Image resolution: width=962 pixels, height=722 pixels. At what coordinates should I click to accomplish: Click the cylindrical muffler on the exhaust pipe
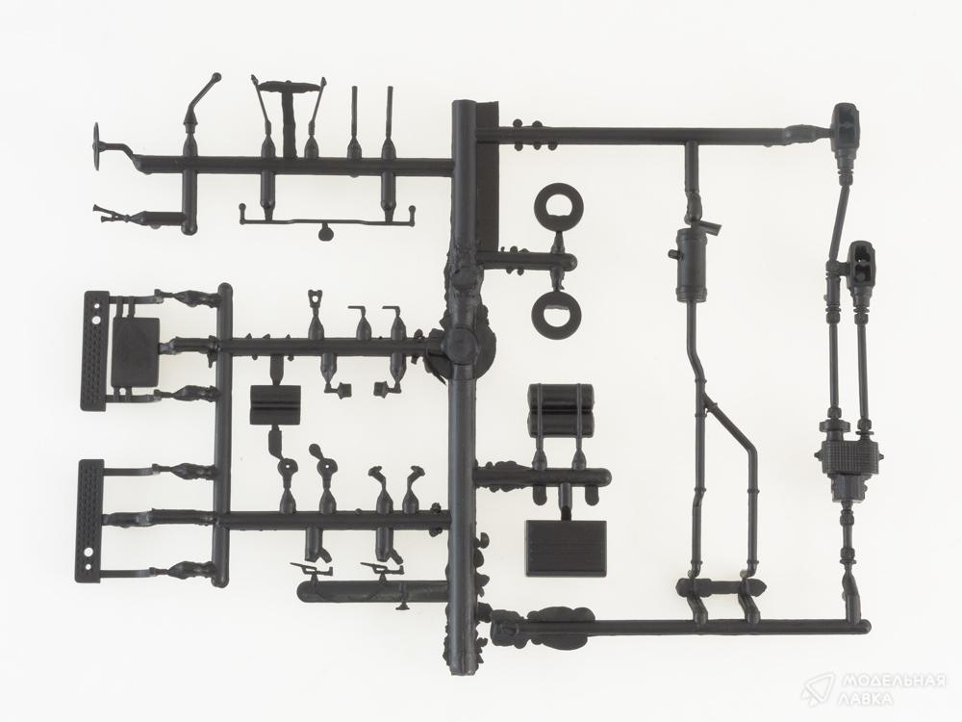pos(691,265)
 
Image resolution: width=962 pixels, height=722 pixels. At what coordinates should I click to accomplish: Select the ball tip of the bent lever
pos(215,78)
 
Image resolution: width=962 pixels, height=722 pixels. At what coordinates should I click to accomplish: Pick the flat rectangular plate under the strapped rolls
pos(566,548)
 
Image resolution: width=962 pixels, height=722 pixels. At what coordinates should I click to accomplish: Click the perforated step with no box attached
pos(89,520)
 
